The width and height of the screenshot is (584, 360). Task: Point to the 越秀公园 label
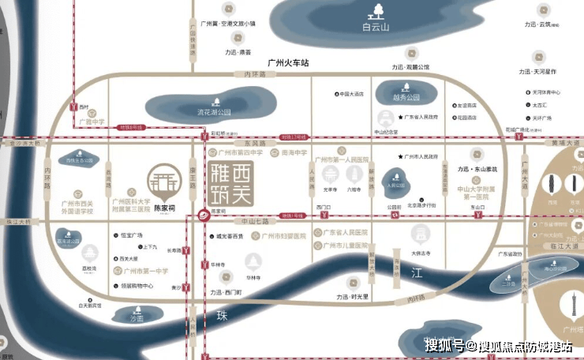[406, 98]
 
